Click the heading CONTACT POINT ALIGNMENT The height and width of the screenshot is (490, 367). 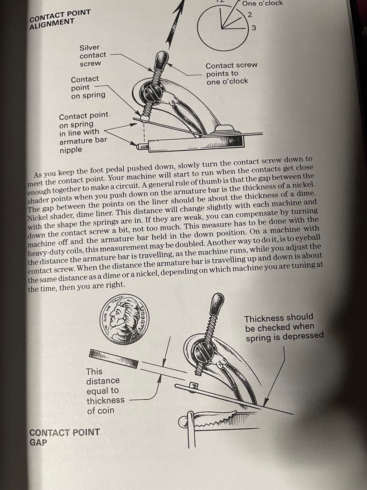(x=58, y=20)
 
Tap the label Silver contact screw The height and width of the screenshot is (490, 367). (x=92, y=55)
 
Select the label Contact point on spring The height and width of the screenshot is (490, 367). (x=88, y=87)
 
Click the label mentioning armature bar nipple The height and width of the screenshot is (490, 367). (x=83, y=132)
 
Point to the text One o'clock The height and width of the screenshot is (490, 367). (x=262, y=3)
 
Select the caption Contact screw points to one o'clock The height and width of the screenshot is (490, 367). (x=231, y=73)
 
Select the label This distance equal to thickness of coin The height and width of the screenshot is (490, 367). (x=105, y=391)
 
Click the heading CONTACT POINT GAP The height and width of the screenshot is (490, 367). (x=64, y=437)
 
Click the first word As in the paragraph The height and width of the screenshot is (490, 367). (x=39, y=175)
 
